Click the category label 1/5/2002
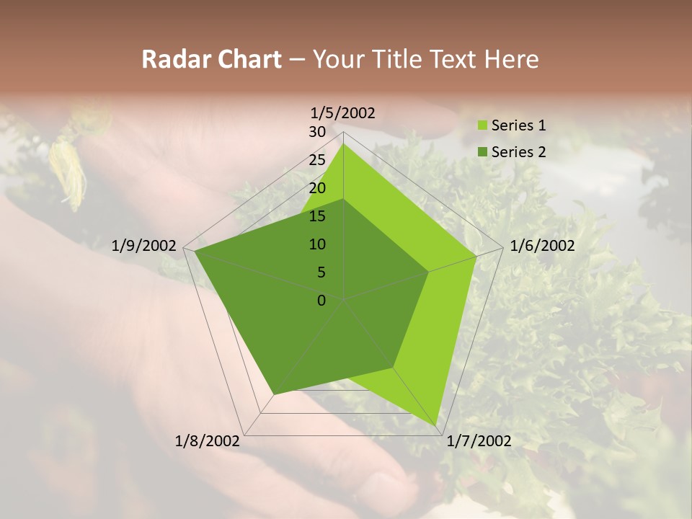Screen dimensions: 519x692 (x=342, y=112)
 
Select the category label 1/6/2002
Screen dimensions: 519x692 (x=542, y=246)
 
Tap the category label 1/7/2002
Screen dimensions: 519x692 (x=479, y=441)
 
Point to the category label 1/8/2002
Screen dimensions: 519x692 (x=208, y=441)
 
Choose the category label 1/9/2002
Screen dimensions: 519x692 (x=143, y=246)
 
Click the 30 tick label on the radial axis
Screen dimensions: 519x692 (x=317, y=132)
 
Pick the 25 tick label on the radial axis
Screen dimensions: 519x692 (x=317, y=160)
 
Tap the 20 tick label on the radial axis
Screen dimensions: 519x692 (x=317, y=188)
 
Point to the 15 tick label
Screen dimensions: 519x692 (x=317, y=216)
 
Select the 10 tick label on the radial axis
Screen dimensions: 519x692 (x=317, y=244)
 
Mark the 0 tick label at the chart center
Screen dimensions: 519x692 (x=321, y=301)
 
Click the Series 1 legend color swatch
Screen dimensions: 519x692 (x=482, y=126)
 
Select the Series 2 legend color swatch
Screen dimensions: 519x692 (x=482, y=152)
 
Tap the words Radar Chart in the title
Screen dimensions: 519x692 (x=211, y=59)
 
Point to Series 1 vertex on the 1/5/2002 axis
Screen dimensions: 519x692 (x=343, y=143)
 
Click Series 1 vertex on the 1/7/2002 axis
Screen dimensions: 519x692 (x=438, y=425)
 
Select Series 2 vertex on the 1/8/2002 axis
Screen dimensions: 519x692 (x=273, y=394)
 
